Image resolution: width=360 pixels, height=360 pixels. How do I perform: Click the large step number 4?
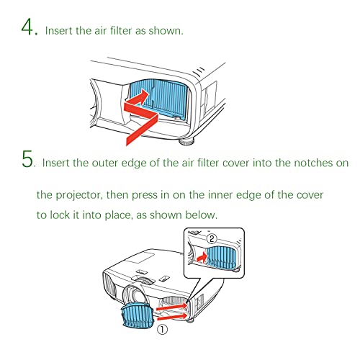click(27, 27)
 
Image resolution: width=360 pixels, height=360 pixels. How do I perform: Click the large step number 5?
click(27, 159)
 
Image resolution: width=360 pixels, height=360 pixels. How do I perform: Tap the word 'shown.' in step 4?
click(166, 31)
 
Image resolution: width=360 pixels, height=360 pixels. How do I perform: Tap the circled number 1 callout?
click(162, 330)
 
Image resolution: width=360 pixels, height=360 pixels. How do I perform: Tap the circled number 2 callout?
click(212, 239)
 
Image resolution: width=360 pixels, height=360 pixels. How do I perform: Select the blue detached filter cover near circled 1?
click(138, 315)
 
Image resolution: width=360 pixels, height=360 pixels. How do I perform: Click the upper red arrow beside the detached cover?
click(171, 307)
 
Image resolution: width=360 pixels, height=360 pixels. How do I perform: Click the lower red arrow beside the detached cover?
click(172, 316)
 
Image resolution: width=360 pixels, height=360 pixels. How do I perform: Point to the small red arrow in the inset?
click(202, 258)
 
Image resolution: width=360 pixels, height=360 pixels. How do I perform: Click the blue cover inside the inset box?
click(222, 258)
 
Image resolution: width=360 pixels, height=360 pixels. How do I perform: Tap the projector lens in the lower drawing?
click(135, 297)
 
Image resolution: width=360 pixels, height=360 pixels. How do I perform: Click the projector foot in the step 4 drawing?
click(187, 141)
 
